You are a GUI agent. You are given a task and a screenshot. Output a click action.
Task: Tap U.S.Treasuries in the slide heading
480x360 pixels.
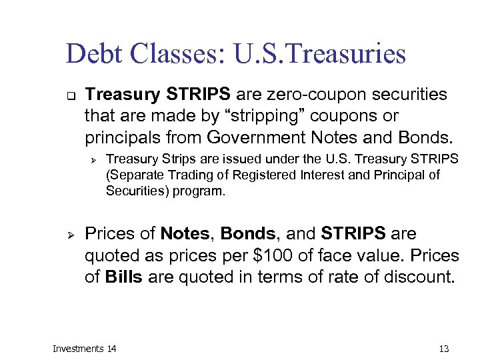320,54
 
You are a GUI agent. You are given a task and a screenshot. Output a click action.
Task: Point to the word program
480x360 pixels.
204,191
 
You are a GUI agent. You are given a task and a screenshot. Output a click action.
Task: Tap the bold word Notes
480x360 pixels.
185,234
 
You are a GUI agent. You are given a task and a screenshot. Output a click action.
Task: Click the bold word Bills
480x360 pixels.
124,277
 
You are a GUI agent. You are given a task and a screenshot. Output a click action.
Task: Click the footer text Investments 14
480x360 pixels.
84,349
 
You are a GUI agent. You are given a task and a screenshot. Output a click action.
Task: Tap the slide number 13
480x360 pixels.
444,349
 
